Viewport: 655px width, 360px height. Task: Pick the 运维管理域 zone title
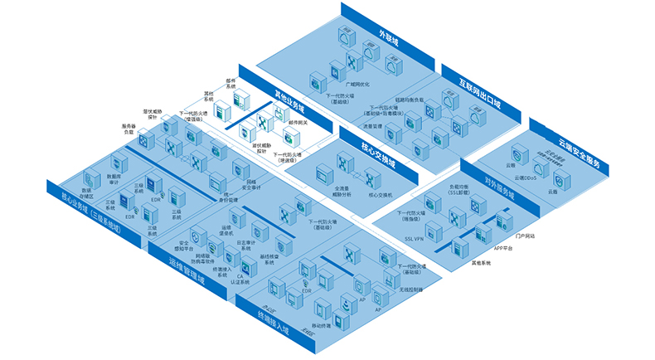click(187, 275)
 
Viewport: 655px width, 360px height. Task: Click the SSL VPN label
click(415, 238)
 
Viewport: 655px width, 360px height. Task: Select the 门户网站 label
click(525, 236)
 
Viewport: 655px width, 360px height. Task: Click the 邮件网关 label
click(298, 122)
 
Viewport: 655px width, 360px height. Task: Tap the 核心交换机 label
click(380, 194)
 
